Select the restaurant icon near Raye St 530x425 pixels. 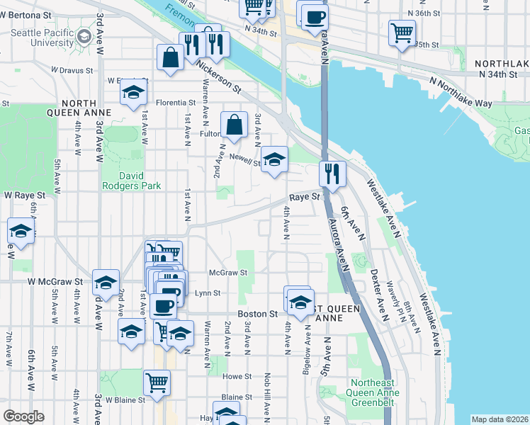(x=332, y=173)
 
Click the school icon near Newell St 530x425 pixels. (x=274, y=159)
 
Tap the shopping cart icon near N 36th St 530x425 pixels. (x=402, y=33)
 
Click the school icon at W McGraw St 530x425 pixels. (x=106, y=282)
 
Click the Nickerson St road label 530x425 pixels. (x=220, y=76)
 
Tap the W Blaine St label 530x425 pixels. (x=125, y=399)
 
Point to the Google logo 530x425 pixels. (x=23, y=416)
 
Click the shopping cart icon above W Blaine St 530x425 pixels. (x=157, y=382)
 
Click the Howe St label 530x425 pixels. (x=237, y=377)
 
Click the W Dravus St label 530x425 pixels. (x=72, y=70)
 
